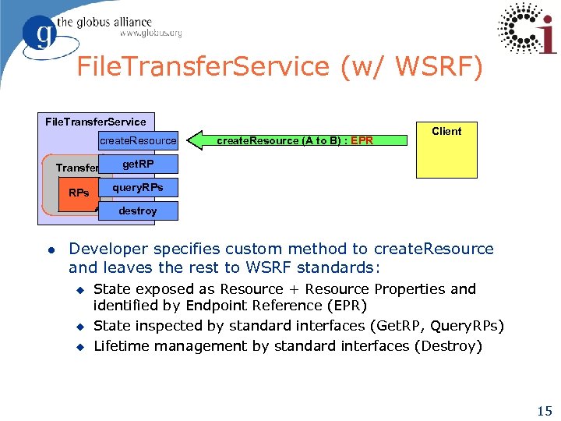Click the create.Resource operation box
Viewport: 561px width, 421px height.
(138, 140)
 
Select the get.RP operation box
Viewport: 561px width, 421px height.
(138, 165)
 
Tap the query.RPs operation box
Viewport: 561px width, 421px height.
(138, 188)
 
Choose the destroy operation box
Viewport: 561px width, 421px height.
(138, 210)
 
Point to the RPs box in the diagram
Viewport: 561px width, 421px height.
(79, 193)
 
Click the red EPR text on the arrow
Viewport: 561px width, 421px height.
(362, 141)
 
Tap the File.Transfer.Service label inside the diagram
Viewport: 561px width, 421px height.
(96, 122)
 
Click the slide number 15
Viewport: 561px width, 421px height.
(545, 411)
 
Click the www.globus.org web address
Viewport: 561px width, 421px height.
(150, 34)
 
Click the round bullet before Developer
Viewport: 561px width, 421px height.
(49, 249)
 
